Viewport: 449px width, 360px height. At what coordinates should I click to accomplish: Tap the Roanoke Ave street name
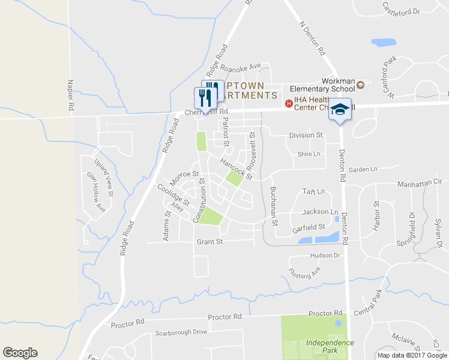(x=240, y=67)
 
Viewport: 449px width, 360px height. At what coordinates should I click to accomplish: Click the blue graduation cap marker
(x=340, y=109)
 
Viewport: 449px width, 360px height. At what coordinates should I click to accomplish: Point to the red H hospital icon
(x=289, y=104)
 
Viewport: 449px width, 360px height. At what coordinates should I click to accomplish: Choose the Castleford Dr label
(x=401, y=7)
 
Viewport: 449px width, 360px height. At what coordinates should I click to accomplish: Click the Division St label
(x=306, y=136)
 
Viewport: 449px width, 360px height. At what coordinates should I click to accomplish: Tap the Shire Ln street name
(x=309, y=154)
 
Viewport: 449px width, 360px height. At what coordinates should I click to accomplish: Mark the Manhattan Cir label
(x=420, y=180)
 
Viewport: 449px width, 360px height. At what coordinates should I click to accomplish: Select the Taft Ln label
(x=313, y=191)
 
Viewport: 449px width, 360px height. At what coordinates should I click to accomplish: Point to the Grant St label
(x=210, y=242)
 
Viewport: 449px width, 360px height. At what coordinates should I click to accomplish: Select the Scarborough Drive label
(x=181, y=332)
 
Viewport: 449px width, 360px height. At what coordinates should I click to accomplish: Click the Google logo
(x=20, y=353)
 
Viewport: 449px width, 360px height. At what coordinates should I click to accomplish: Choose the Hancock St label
(x=235, y=169)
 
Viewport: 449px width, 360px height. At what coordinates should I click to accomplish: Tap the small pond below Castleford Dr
(x=382, y=43)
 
